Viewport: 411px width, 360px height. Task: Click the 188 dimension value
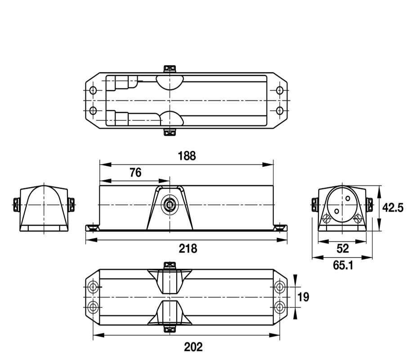(187, 156)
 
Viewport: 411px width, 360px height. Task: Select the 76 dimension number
(135, 173)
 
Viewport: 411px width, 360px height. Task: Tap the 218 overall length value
(188, 248)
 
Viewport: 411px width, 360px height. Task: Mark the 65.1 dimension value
(343, 266)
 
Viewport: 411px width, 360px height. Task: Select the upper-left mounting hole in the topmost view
(93, 90)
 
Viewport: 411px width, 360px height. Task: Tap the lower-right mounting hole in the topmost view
(280, 110)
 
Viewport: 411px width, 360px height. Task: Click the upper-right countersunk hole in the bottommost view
(280, 287)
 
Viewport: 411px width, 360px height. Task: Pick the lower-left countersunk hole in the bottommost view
(93, 307)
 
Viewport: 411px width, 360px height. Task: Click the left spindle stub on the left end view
(16, 204)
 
